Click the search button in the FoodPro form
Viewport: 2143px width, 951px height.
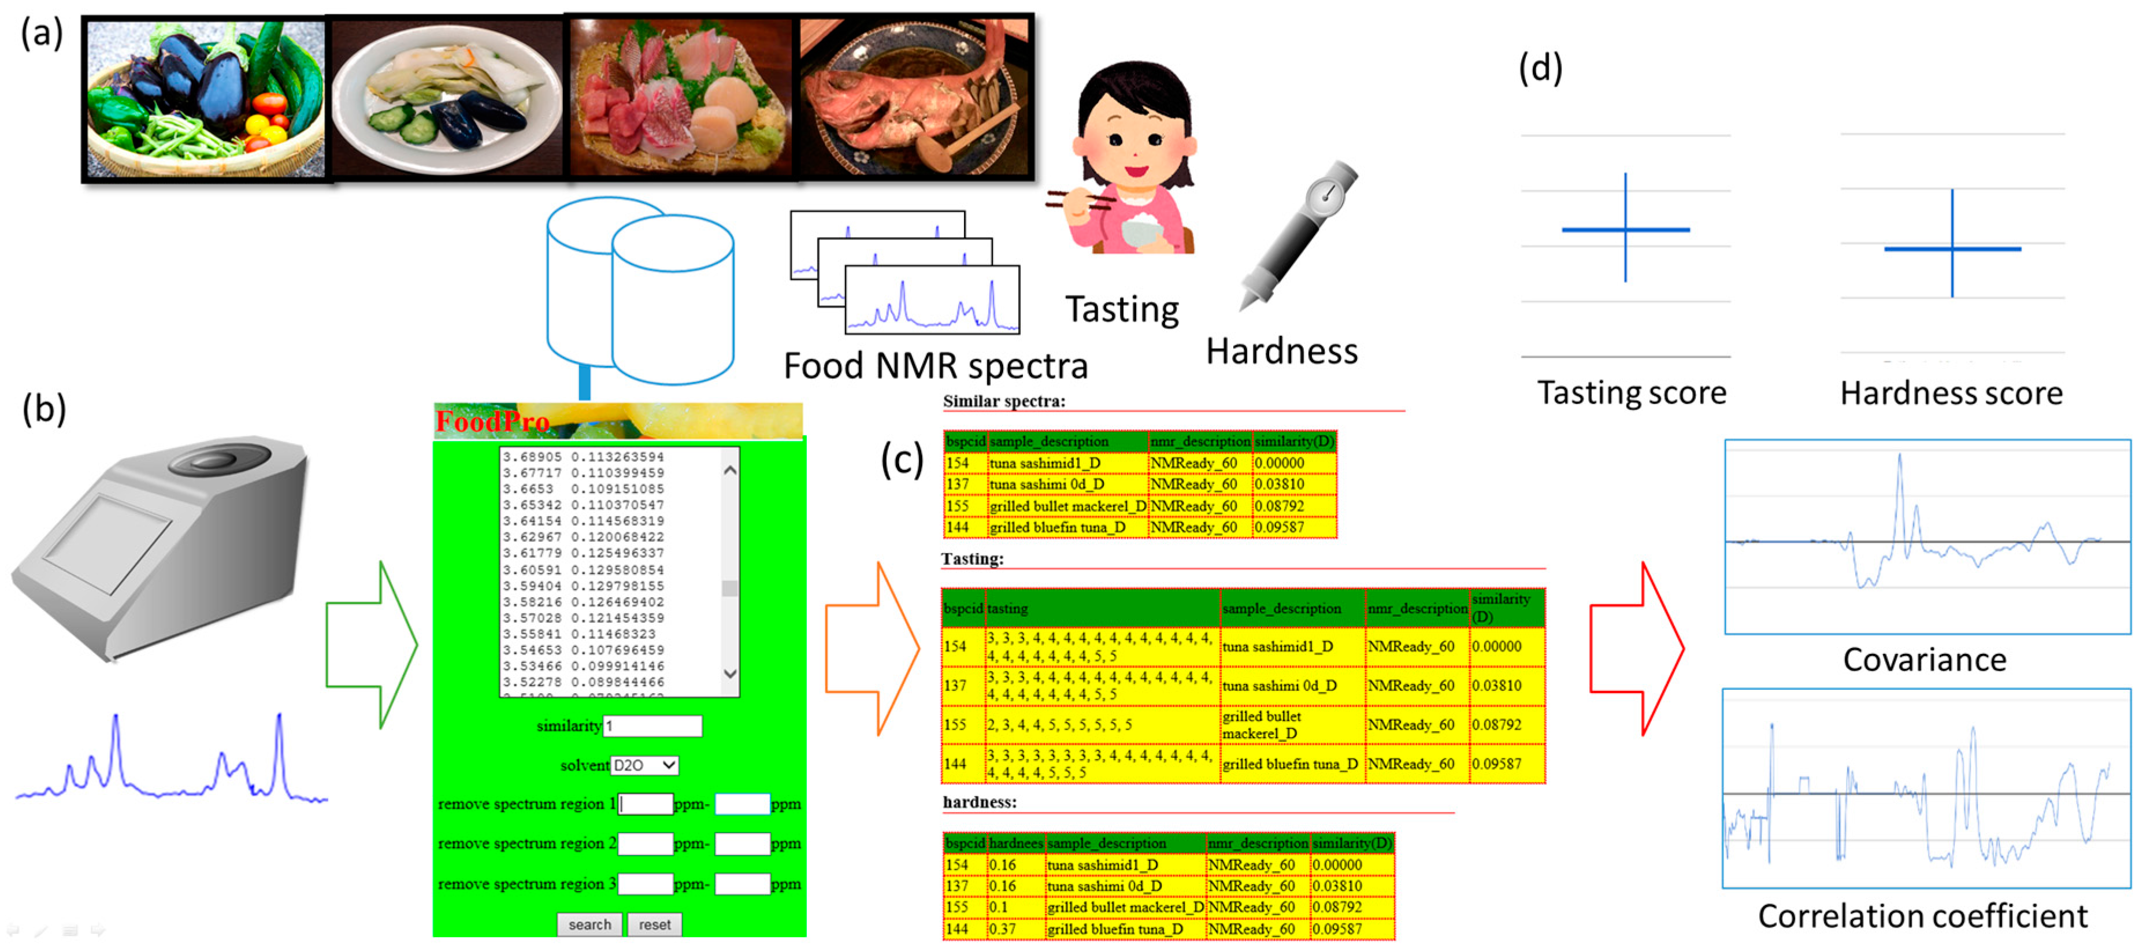pyautogui.click(x=589, y=924)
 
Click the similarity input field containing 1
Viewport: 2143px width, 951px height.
pyautogui.click(x=652, y=726)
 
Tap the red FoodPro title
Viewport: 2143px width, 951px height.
pyautogui.click(x=492, y=422)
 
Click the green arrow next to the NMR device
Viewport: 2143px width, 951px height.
pyautogui.click(x=371, y=645)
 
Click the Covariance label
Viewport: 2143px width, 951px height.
pyautogui.click(x=1924, y=660)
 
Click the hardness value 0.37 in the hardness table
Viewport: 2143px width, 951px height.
pyautogui.click(x=1003, y=928)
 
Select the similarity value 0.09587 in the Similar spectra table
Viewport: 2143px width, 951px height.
pyautogui.click(x=1280, y=527)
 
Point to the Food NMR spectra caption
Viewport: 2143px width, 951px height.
pyautogui.click(x=935, y=366)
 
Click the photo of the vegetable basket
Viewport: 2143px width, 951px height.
pyautogui.click(x=206, y=99)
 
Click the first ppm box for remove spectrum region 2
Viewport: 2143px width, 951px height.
pyautogui.click(x=645, y=843)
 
